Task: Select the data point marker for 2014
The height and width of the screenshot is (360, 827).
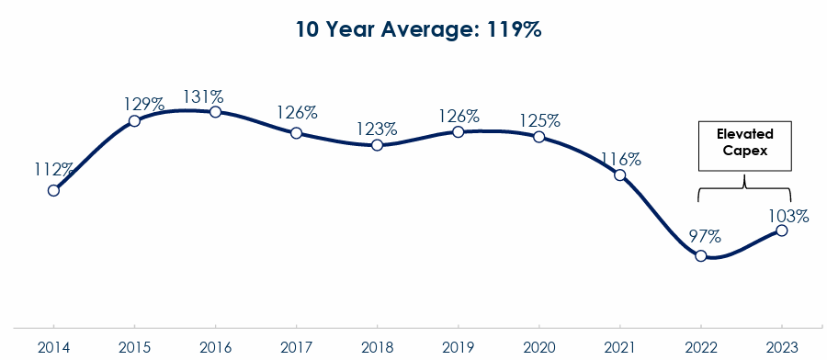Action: pos(53,190)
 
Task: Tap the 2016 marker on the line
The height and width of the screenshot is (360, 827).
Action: pos(215,112)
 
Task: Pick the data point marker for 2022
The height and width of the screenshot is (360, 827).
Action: pos(701,255)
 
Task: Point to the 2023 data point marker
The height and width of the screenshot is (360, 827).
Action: pos(782,230)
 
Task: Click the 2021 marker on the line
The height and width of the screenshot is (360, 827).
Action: pos(620,174)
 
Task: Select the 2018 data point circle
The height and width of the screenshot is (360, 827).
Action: pos(377,145)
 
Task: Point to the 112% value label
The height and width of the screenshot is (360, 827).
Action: pos(54,170)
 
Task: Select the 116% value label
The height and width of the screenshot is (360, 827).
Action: pos(621,158)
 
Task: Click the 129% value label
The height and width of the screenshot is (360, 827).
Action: pos(144,104)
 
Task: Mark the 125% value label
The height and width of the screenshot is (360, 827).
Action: pos(540,120)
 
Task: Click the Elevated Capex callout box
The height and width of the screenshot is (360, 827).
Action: pos(744,144)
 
